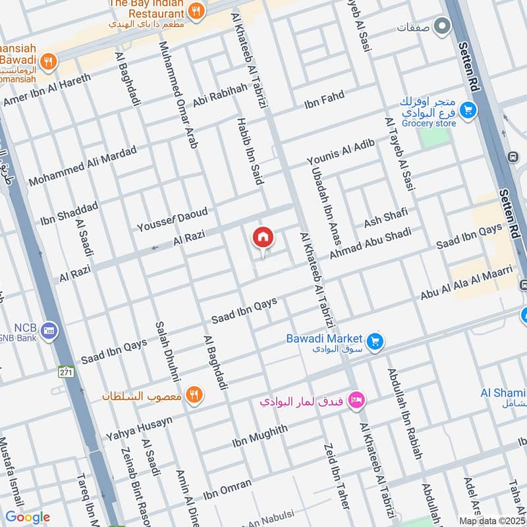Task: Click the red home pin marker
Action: [x=263, y=238]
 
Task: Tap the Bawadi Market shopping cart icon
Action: [x=376, y=341]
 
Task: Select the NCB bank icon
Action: [x=49, y=330]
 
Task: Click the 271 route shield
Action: [x=65, y=372]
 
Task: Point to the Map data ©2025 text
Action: [x=491, y=520]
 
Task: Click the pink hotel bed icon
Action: [x=356, y=400]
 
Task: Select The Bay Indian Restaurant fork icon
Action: [x=195, y=11]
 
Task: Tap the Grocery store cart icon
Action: [x=468, y=109]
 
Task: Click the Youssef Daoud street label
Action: [x=172, y=220]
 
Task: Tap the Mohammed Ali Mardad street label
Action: [x=82, y=165]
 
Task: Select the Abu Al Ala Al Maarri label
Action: [x=466, y=283]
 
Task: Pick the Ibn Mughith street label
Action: [x=260, y=437]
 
